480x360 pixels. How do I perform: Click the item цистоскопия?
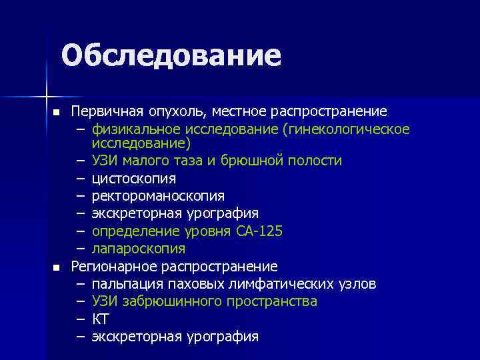(134, 179)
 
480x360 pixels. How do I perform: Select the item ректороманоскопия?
(158, 196)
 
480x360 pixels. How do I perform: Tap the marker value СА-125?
(259, 231)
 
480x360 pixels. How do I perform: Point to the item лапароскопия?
(139, 249)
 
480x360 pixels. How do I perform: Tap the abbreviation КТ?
(100, 319)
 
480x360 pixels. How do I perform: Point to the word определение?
(129, 231)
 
